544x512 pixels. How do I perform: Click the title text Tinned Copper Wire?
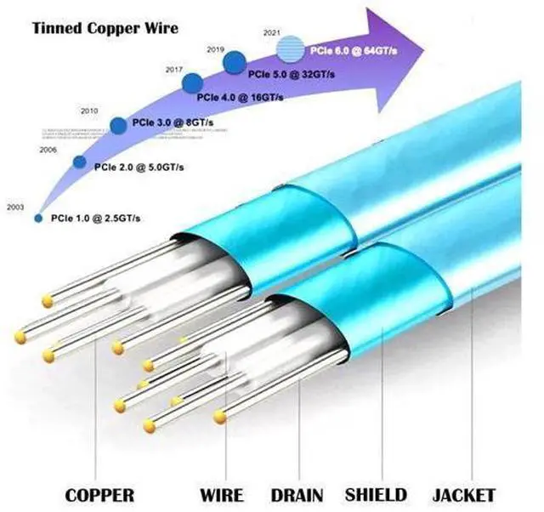click(x=105, y=28)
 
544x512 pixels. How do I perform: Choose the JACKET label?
click(x=463, y=495)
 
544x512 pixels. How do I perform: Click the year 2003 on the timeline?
click(x=14, y=207)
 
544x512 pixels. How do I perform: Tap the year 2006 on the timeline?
click(x=49, y=150)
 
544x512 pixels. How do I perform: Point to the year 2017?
click(x=175, y=69)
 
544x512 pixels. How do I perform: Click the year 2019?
click(x=216, y=50)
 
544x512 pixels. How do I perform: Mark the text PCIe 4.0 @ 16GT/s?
click(x=240, y=97)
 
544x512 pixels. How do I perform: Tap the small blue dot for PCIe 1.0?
click(x=38, y=218)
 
